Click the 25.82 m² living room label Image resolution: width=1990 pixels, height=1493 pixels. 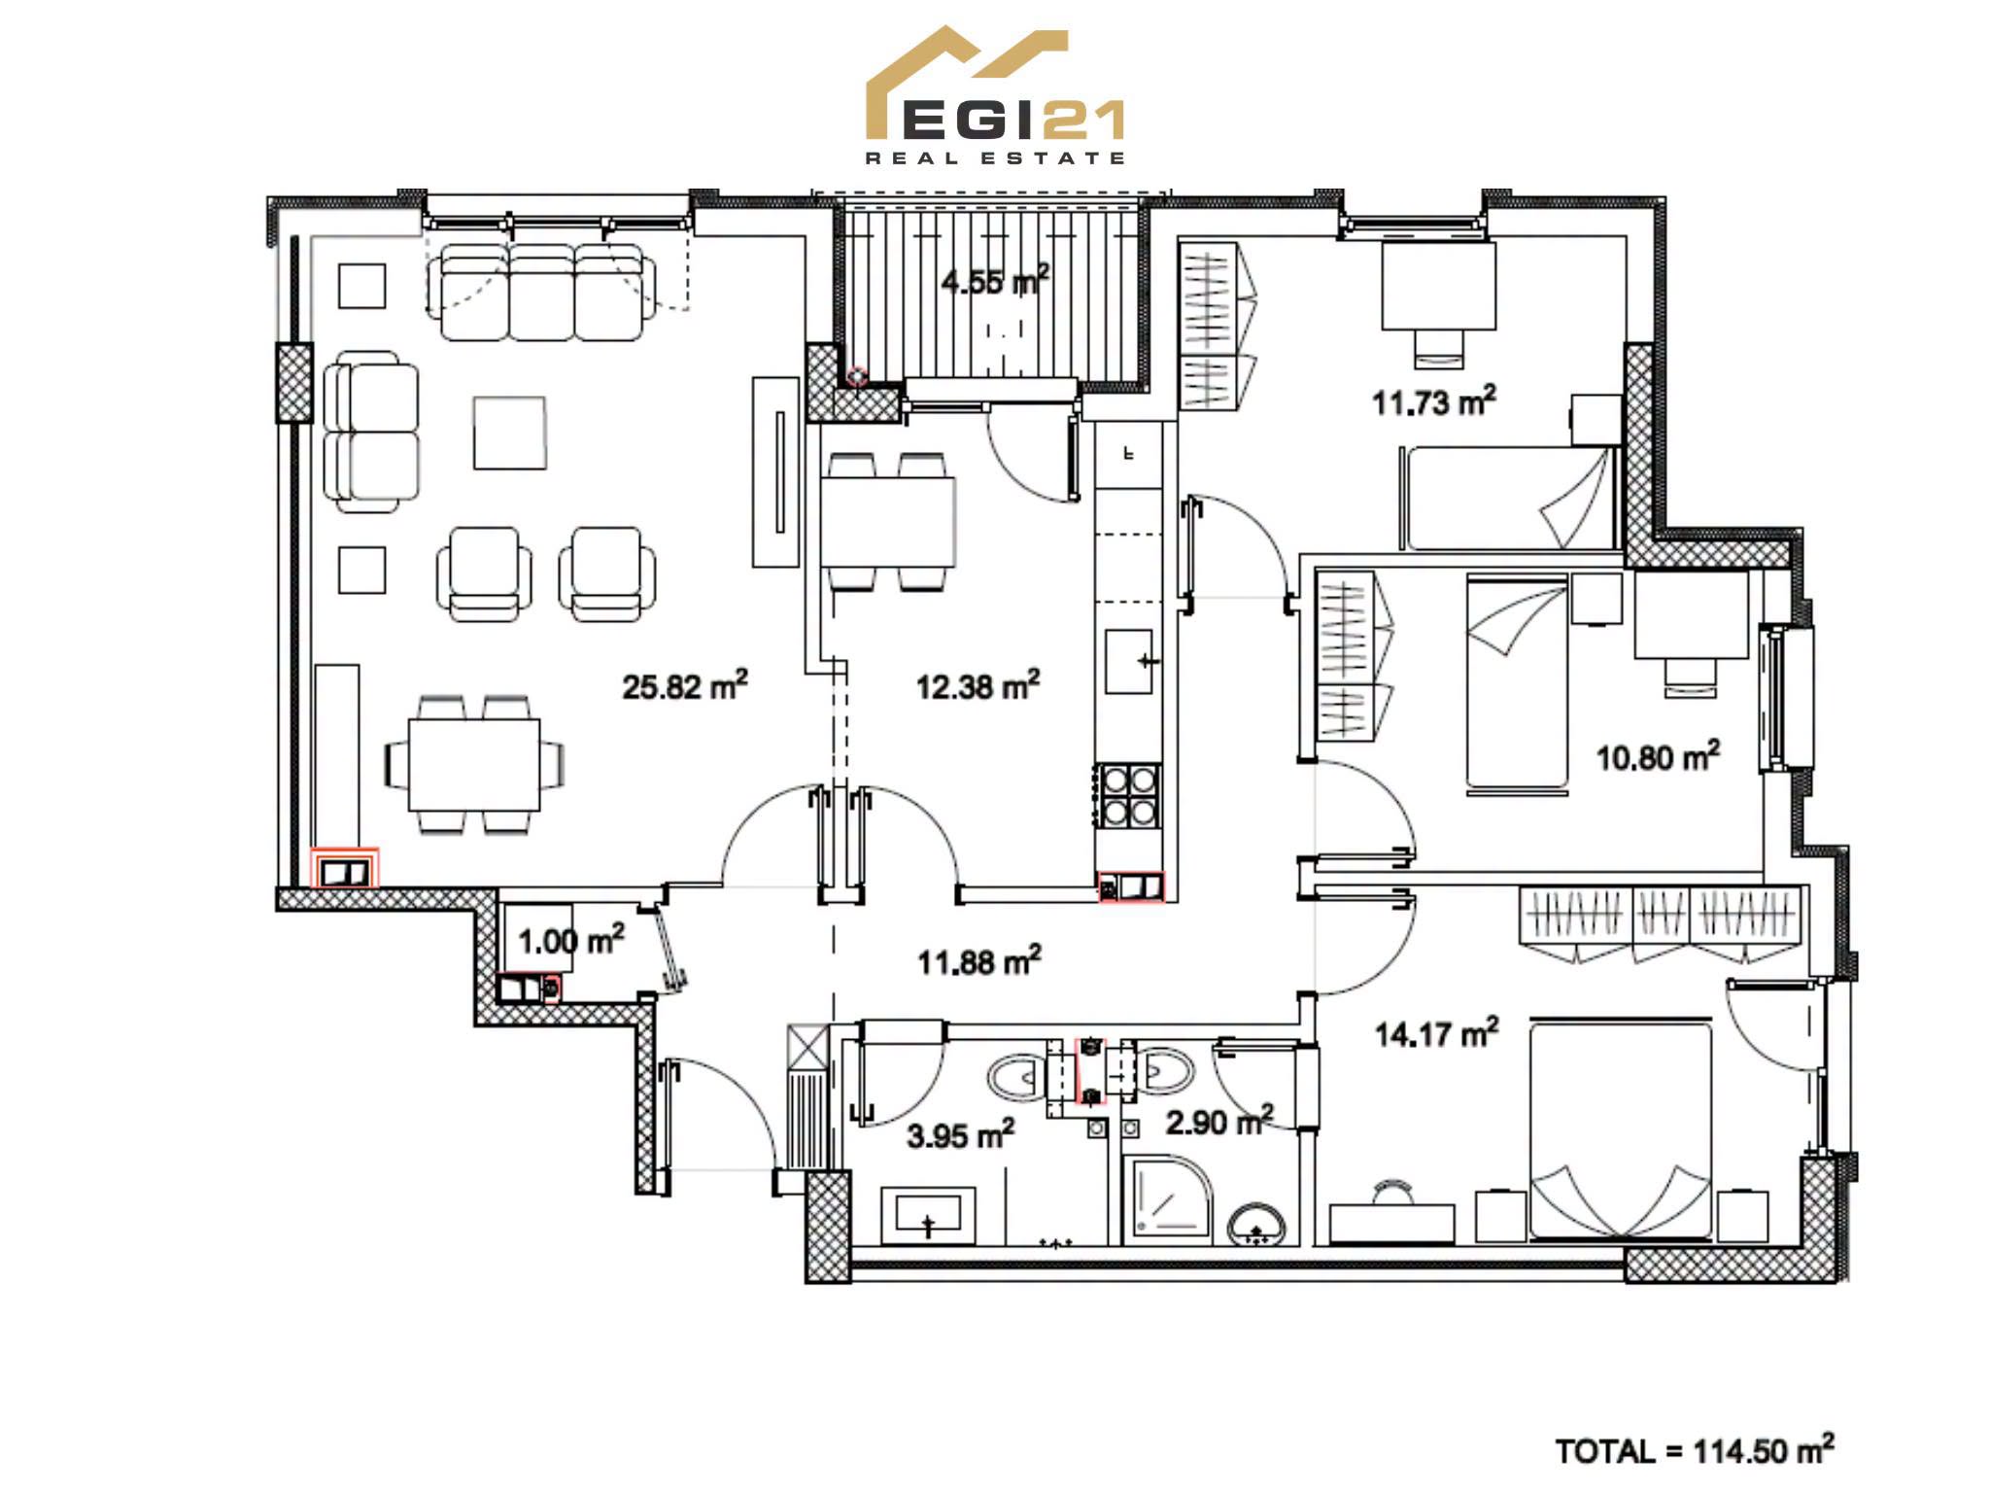click(685, 685)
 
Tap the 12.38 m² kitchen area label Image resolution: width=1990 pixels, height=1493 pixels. click(978, 685)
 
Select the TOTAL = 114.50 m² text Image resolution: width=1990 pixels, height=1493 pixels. click(1695, 1450)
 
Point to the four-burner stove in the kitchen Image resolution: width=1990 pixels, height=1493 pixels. click(1130, 796)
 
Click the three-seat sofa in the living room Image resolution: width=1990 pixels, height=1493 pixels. click(541, 292)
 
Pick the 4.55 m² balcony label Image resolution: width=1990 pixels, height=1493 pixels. click(995, 282)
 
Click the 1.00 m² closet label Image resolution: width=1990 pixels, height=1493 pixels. click(571, 940)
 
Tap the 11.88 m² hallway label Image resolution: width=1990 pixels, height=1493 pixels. click(979, 961)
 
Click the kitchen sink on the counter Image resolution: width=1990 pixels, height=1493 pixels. click(1129, 661)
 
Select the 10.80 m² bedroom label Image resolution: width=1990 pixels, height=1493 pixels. click(1659, 756)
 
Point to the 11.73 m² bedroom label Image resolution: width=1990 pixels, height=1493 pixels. click(1433, 401)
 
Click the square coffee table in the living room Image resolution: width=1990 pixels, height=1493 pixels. click(509, 433)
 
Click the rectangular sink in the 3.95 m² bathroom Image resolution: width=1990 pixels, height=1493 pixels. click(928, 1213)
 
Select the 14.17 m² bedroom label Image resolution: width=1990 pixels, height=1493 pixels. click(1436, 1033)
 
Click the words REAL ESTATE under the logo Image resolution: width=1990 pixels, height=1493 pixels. click(995, 157)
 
